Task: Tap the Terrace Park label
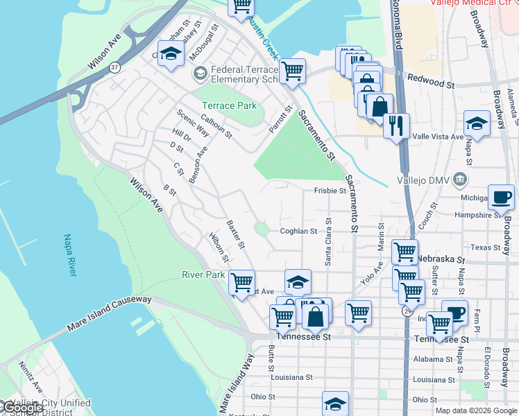click(229, 105)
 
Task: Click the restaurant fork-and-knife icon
click(396, 125)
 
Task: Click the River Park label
click(203, 275)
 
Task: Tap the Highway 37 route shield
click(114, 67)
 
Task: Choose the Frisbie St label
click(330, 190)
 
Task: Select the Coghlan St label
click(298, 232)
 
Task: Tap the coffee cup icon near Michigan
click(501, 196)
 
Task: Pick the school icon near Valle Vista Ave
click(477, 123)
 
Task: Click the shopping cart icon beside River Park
click(241, 282)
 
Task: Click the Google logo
click(22, 408)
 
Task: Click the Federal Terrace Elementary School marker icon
click(200, 73)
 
